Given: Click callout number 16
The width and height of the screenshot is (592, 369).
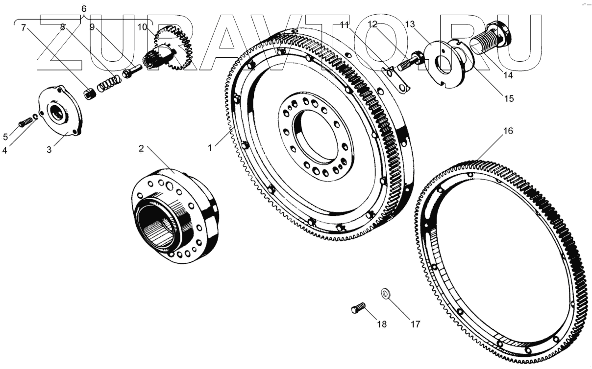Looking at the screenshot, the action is (508, 132).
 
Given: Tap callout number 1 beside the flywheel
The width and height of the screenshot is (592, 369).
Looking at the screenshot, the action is (210, 147).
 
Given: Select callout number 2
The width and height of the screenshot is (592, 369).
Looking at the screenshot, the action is (141, 148).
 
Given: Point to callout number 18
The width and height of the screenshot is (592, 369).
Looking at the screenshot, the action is (381, 324).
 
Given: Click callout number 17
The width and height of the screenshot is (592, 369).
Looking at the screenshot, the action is (415, 324).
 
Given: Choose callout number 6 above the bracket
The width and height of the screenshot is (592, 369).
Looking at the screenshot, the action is (84, 9).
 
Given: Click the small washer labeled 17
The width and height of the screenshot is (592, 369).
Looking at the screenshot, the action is (386, 294).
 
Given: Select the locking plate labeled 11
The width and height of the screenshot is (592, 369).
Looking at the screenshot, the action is (396, 80).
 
